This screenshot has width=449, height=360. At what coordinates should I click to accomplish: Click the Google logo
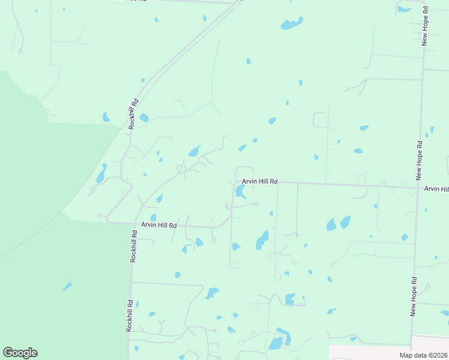20,353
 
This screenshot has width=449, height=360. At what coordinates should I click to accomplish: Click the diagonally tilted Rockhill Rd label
133,113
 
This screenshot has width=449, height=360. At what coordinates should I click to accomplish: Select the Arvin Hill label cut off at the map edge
436,188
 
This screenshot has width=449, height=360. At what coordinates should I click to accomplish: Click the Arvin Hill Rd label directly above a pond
259,181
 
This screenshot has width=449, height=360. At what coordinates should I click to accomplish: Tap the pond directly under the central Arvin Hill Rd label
241,192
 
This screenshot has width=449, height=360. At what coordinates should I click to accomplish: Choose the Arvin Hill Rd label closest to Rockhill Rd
159,225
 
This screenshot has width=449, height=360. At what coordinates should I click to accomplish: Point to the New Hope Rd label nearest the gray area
414,297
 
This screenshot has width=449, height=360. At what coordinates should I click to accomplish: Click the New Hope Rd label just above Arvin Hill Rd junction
420,161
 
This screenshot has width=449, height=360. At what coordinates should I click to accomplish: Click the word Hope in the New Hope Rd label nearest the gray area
414,295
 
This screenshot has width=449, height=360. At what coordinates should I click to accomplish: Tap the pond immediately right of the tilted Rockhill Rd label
144,118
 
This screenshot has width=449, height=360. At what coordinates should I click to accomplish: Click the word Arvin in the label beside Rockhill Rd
148,225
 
